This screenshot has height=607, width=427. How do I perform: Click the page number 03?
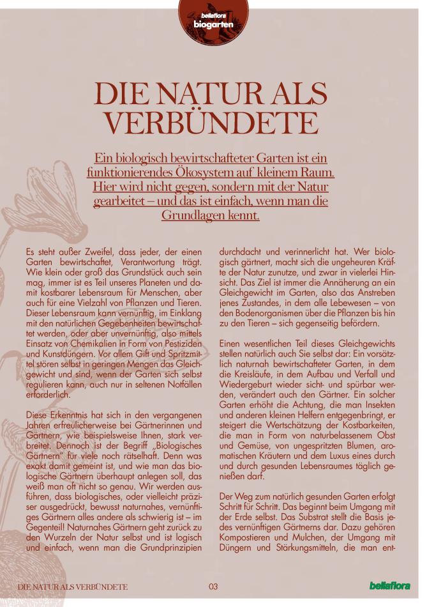[x=213, y=587]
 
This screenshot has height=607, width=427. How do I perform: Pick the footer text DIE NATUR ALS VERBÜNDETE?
[x=72, y=587]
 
